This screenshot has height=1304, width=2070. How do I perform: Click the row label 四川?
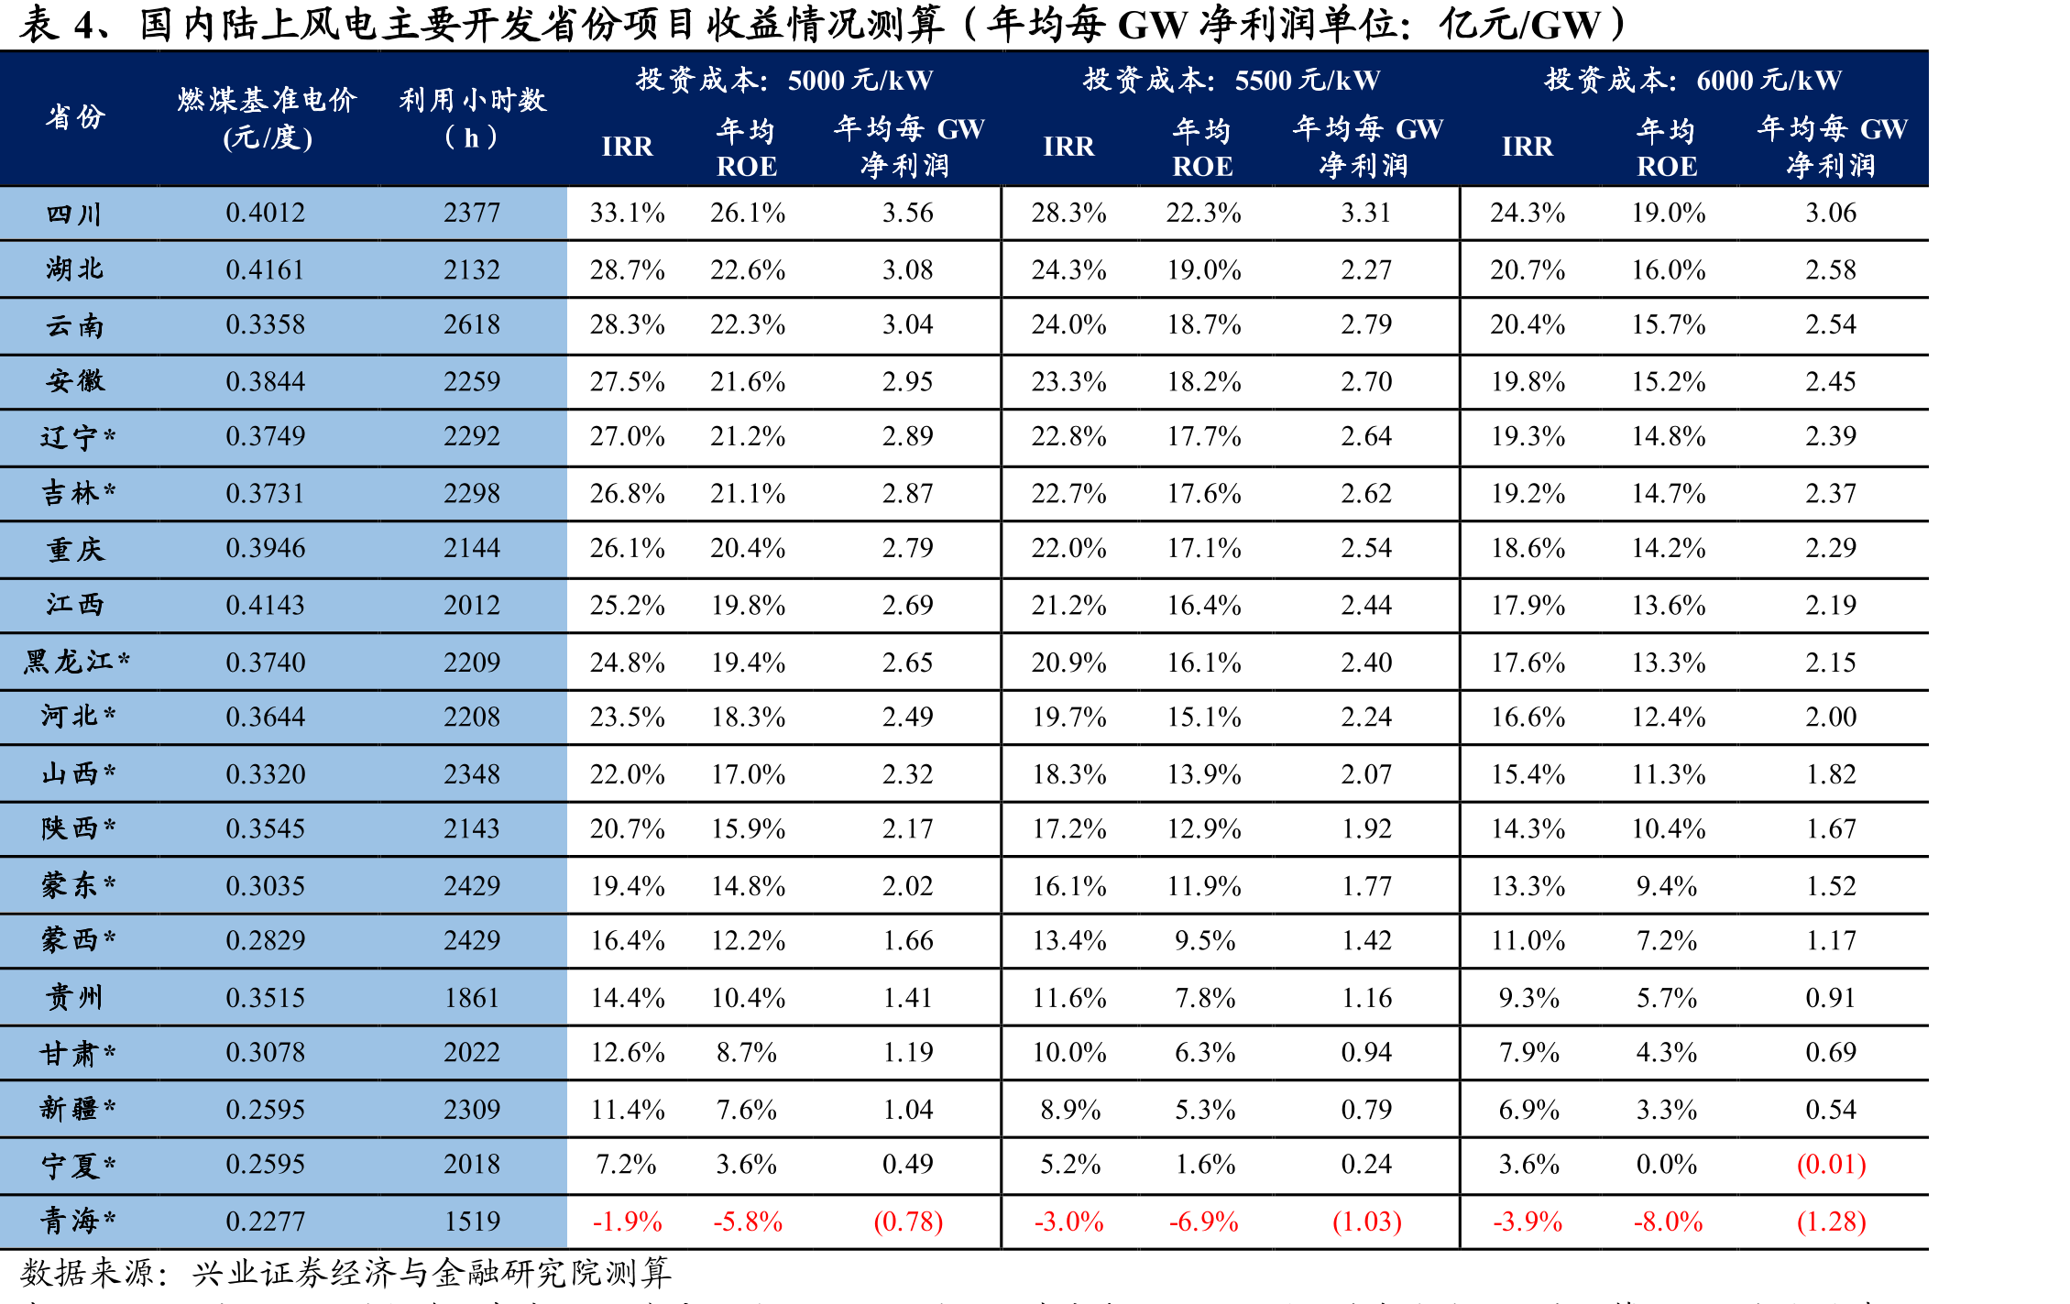[x=74, y=214]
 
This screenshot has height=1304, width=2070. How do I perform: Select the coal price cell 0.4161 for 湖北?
[x=265, y=269]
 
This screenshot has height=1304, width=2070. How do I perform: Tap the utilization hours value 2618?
[x=472, y=324]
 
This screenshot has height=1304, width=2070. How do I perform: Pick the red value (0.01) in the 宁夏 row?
[x=1831, y=1164]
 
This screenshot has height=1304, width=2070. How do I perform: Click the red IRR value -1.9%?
[x=627, y=1221]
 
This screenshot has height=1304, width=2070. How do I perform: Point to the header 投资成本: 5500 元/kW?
[x=1231, y=80]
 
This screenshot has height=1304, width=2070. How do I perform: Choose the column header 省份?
[x=75, y=117]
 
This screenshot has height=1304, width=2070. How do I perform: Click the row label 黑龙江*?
[x=77, y=661]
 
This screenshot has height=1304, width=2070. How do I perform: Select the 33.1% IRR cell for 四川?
[x=627, y=213]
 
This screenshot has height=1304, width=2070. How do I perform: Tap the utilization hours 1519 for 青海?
[x=472, y=1221]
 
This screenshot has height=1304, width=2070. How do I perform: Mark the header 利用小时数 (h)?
[x=472, y=118]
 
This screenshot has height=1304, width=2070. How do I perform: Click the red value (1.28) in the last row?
[x=1831, y=1221]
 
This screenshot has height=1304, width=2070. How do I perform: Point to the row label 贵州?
[x=74, y=997]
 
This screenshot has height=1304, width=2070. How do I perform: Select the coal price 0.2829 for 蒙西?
[x=265, y=940]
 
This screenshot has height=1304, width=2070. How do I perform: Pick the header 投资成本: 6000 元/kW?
[x=1692, y=80]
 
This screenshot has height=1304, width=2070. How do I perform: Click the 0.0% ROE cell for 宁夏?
[x=1667, y=1164]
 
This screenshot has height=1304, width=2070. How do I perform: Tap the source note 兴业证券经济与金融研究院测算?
[x=432, y=1272]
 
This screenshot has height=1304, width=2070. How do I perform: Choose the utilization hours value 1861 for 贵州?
[x=472, y=997]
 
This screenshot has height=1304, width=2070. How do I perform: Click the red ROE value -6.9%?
[x=1203, y=1221]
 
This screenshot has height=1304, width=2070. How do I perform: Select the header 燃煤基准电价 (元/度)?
[x=267, y=118]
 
